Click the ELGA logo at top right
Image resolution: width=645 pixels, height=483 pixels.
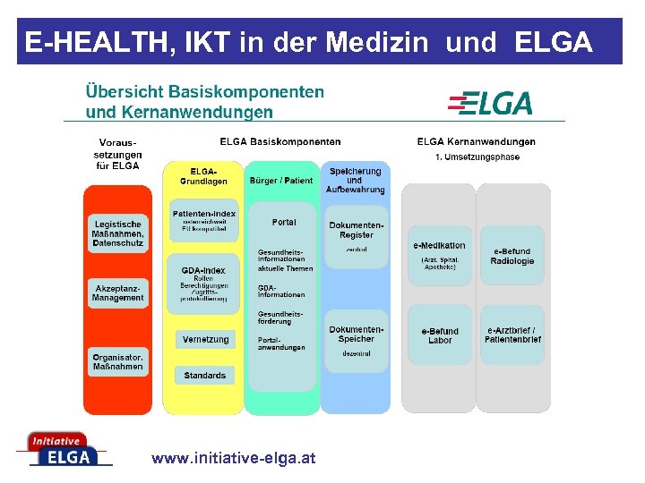(x=490, y=103)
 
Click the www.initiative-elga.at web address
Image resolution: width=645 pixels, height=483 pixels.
(x=234, y=458)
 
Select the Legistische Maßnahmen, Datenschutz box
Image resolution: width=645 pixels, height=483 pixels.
(x=116, y=233)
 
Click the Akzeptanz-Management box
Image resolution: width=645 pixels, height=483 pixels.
(x=116, y=292)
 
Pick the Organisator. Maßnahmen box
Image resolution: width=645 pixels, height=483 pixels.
(x=116, y=360)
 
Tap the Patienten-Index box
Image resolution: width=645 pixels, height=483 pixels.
(x=204, y=221)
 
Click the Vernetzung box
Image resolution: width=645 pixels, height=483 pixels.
(x=205, y=340)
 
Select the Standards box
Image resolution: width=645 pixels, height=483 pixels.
(x=205, y=376)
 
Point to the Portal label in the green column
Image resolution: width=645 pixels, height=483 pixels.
(x=283, y=222)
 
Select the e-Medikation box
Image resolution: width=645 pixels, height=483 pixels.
(x=439, y=254)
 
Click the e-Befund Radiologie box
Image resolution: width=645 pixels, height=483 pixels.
(x=512, y=256)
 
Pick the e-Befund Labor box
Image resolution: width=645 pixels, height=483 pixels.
(x=439, y=335)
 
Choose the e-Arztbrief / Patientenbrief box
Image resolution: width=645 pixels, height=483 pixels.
(x=512, y=335)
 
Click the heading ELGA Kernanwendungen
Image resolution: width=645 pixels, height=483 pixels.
(x=476, y=141)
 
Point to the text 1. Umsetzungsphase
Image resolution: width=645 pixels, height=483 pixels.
(x=477, y=157)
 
